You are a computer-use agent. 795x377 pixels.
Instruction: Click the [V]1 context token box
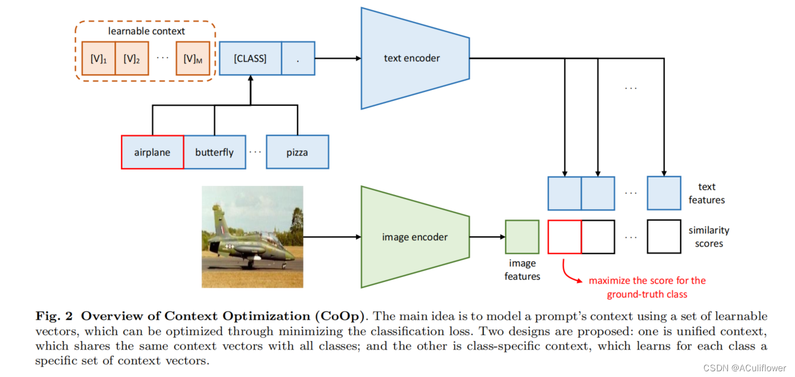tap(99, 58)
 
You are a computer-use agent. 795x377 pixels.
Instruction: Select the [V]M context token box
tap(193, 58)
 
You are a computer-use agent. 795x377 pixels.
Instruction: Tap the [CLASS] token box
tap(250, 58)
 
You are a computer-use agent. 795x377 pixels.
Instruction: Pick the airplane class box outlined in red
tap(152, 152)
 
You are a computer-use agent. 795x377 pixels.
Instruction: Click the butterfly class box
tap(215, 152)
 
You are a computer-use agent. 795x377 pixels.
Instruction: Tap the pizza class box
tap(297, 152)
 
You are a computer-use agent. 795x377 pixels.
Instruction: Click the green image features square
tap(522, 237)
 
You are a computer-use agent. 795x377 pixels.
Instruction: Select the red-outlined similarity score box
tap(565, 237)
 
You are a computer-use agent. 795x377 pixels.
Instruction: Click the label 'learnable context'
tap(147, 31)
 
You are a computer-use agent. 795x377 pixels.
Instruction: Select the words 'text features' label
tap(706, 193)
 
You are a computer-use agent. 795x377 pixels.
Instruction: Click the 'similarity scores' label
tap(709, 237)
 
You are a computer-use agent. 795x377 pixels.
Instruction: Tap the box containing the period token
tap(298, 58)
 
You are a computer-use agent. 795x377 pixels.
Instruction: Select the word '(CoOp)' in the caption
tap(343, 316)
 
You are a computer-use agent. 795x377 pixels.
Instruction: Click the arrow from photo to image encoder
tap(332, 237)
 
